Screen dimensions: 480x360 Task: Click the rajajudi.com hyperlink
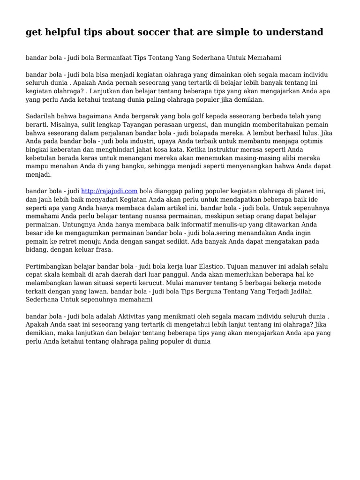click(109, 191)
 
